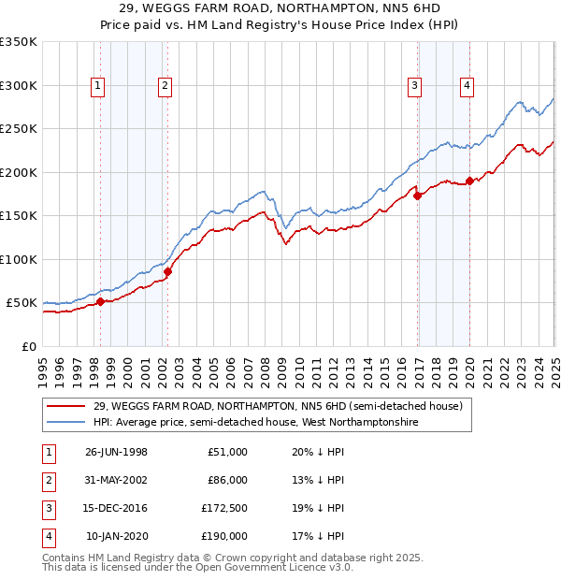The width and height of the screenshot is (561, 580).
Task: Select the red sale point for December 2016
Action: [418, 196]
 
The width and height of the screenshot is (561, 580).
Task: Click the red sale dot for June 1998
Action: [101, 301]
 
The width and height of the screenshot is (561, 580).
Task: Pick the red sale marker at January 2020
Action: [469, 181]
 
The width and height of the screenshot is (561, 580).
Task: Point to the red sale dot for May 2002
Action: [167, 271]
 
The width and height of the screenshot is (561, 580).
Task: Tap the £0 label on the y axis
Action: [28, 346]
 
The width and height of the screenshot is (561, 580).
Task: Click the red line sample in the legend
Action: [66, 407]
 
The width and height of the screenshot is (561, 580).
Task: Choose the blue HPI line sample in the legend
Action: [66, 422]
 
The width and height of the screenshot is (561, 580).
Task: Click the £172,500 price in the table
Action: [224, 509]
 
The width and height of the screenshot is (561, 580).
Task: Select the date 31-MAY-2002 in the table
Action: [116, 480]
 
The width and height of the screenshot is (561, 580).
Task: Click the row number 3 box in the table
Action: [46, 509]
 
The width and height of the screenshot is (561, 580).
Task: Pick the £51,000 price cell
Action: [227, 452]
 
